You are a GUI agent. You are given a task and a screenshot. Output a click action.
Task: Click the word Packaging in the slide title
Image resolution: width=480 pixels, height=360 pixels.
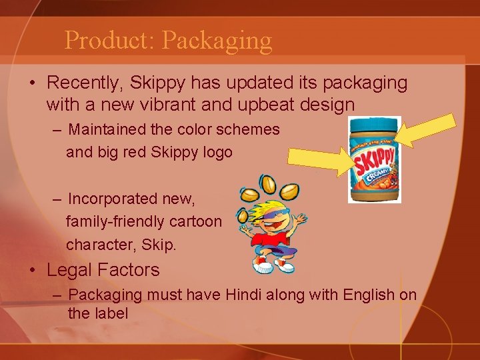[x=217, y=41]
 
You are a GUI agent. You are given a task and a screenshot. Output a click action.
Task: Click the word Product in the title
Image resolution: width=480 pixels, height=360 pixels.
[x=108, y=40]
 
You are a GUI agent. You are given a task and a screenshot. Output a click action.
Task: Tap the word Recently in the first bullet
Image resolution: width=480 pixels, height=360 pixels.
[x=85, y=83]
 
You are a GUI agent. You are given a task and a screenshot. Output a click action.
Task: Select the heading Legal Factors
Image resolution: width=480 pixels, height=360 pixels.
[x=103, y=270]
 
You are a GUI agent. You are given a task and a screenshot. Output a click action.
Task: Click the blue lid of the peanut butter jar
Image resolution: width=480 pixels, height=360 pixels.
[x=375, y=125]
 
